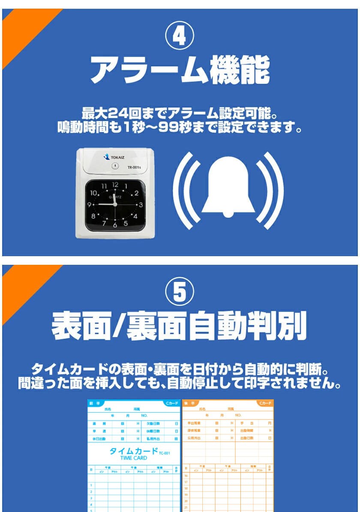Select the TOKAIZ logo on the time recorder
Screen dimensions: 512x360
tap(114, 157)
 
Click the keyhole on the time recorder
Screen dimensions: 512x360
tap(115, 166)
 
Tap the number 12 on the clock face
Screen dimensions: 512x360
tap(115, 185)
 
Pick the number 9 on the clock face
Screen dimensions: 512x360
tap(90, 205)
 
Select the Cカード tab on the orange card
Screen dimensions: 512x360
tap(264, 404)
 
